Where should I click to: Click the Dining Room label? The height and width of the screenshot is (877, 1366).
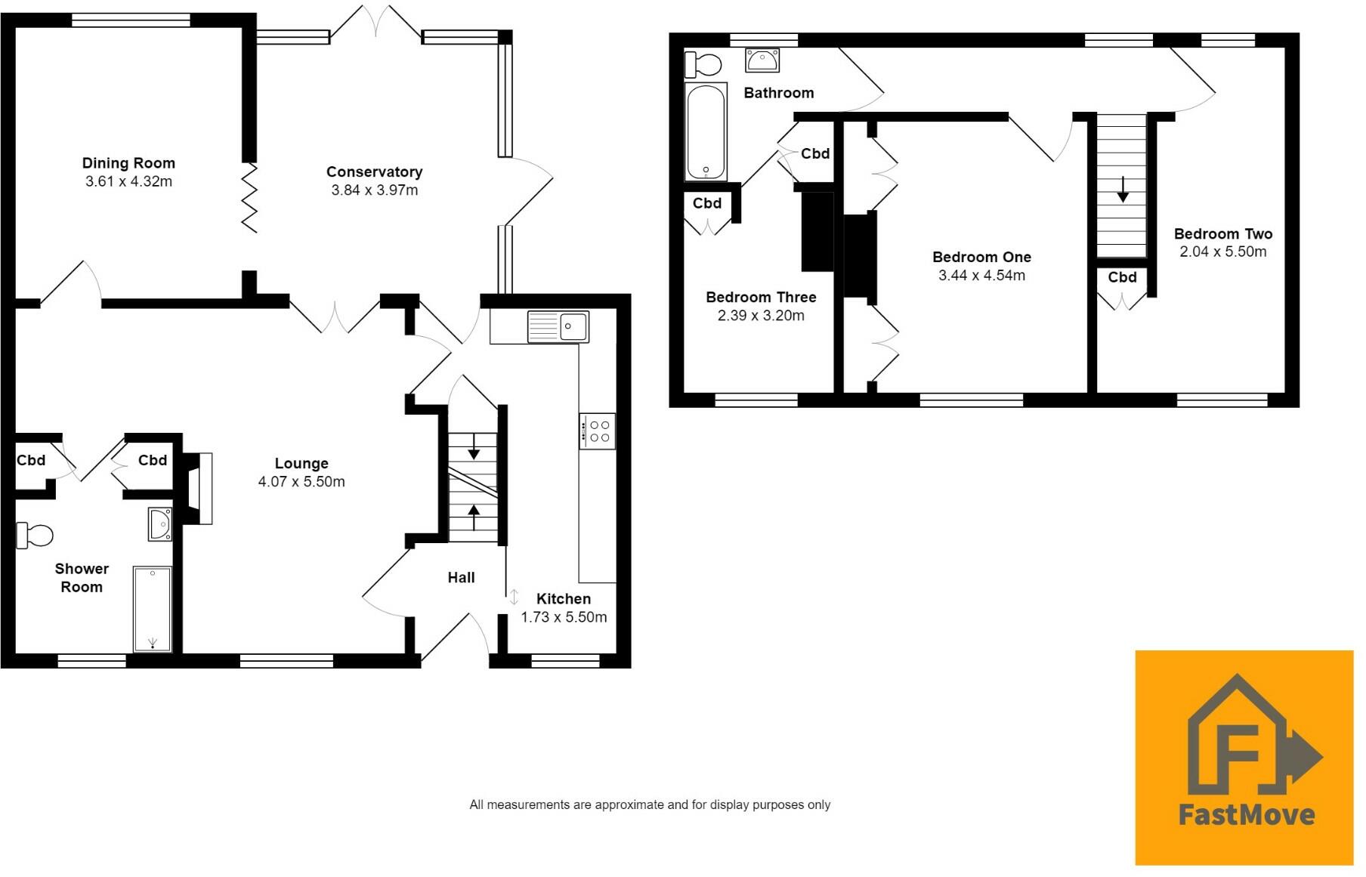coord(128,163)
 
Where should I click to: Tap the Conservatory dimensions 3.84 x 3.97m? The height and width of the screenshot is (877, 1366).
coord(374,190)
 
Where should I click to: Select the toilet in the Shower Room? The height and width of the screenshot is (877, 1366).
coord(35,536)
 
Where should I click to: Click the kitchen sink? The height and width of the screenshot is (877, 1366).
coord(558,328)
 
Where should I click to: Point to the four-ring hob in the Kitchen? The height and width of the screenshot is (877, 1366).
coord(597,431)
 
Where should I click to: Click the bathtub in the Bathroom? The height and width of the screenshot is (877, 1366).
coord(706,132)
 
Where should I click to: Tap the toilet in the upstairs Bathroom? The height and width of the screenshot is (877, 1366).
coord(703,64)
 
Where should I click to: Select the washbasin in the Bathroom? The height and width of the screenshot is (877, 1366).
coord(762,60)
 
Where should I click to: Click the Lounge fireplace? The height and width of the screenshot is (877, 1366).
coord(198,489)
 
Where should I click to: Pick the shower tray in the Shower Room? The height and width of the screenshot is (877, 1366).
coord(153,609)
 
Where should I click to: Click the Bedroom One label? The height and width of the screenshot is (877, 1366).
coord(981,258)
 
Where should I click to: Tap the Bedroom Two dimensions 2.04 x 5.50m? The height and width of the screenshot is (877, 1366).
coord(1222,252)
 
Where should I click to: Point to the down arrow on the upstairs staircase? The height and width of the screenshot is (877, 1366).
coord(1123,190)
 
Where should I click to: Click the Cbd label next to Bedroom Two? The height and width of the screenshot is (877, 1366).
coord(1122,277)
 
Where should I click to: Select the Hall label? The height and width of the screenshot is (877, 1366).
coord(461,578)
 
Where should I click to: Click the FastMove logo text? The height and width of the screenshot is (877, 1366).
coord(1246,814)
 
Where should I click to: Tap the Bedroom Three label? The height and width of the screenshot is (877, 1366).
coord(761,298)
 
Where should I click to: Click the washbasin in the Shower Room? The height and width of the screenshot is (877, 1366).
coord(160,523)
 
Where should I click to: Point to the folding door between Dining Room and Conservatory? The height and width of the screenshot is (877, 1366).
coord(249,197)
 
